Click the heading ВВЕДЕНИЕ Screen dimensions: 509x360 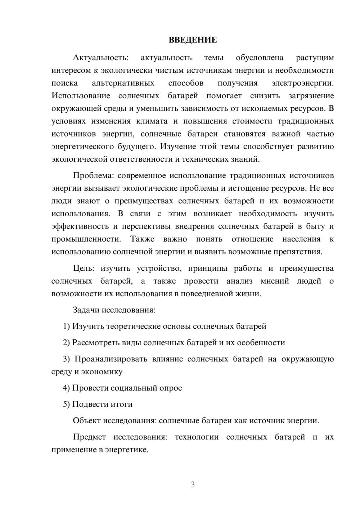tap(193, 40)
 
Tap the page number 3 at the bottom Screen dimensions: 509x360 tap(193, 485)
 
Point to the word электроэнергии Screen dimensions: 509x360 tap(302, 83)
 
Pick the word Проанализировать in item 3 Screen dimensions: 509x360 tap(111, 359)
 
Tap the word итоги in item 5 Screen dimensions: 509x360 tap(122, 404)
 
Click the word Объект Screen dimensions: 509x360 tap(87, 421)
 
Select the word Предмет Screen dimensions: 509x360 tap(89, 437)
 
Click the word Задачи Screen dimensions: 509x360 tap(86, 310)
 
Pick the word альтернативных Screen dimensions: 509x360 tap(123, 83)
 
